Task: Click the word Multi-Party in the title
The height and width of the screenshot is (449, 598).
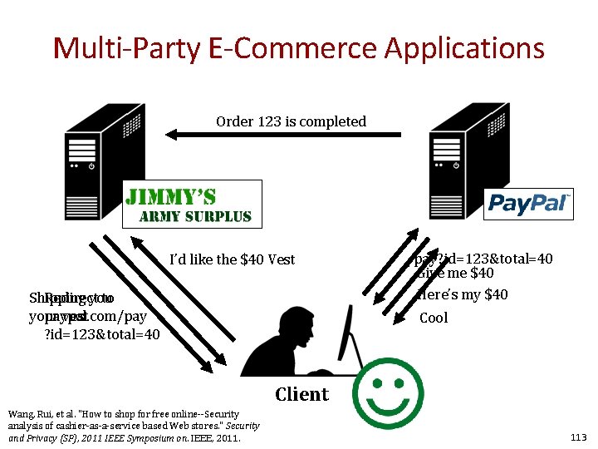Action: tap(113, 48)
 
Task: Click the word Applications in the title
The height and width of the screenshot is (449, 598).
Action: tap(464, 48)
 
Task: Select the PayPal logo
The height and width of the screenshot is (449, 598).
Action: tap(528, 203)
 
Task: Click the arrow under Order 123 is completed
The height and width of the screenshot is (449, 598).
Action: tap(282, 133)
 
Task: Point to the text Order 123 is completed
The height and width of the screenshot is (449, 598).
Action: tap(291, 121)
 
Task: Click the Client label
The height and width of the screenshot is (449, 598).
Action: tap(301, 394)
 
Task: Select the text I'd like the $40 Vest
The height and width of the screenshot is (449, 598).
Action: tap(232, 259)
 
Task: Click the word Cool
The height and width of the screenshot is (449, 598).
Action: tap(434, 318)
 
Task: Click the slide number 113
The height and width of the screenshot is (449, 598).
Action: tap(578, 437)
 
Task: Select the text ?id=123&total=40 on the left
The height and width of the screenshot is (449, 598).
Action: tap(100, 334)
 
